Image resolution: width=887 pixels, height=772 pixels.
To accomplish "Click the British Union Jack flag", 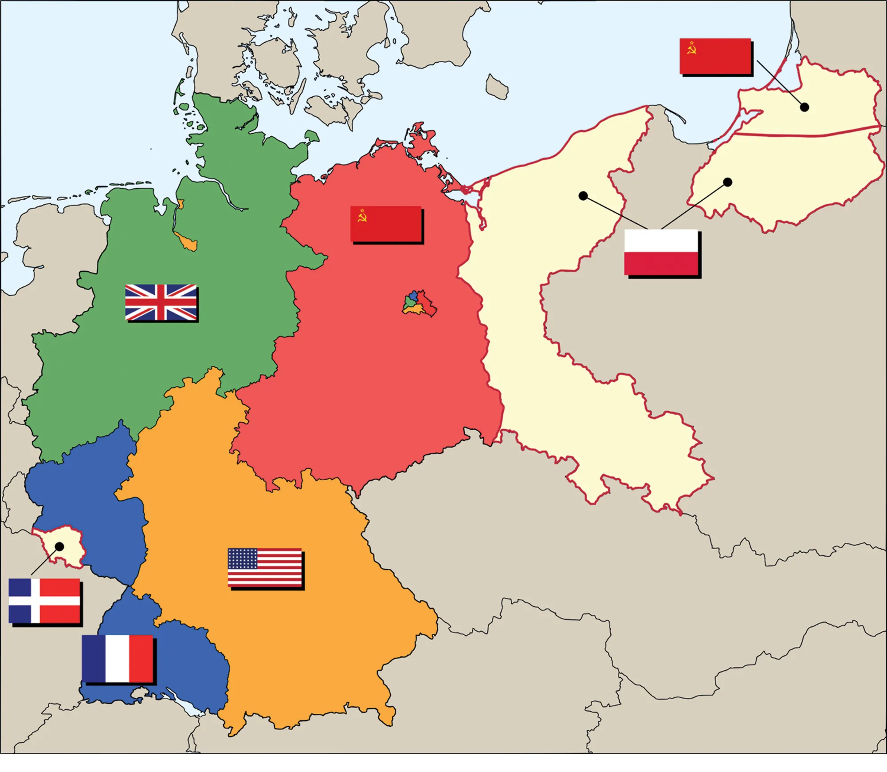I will point(161,302).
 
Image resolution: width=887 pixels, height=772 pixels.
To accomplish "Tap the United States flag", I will point(265,567).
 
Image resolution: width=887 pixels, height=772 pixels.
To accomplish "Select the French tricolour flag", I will point(118,658).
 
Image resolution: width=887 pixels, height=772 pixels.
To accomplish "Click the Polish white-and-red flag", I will point(661,252).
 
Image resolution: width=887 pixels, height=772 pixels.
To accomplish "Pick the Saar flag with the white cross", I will point(44,601).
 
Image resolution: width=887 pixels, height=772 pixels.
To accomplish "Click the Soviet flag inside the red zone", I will point(386,224).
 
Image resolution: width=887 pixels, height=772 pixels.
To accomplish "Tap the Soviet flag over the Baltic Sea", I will point(715,56).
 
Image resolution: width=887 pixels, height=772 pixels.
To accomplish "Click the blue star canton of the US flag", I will point(243,558).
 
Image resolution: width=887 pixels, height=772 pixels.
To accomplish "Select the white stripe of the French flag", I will point(118,658).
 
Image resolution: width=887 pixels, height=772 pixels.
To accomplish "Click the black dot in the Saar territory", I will point(59,546).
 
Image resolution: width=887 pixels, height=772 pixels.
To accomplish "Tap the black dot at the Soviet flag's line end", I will point(805,107).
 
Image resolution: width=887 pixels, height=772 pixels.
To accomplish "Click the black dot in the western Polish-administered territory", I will point(583,196).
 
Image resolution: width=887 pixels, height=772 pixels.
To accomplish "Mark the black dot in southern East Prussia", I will point(727,182).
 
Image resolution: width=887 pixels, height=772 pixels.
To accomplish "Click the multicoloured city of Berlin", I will point(419,304).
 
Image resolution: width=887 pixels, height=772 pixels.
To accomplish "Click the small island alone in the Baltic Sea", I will point(497,87).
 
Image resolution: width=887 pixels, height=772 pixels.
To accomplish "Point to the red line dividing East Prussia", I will point(807,133).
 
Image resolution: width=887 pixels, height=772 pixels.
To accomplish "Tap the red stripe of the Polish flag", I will point(661,263).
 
